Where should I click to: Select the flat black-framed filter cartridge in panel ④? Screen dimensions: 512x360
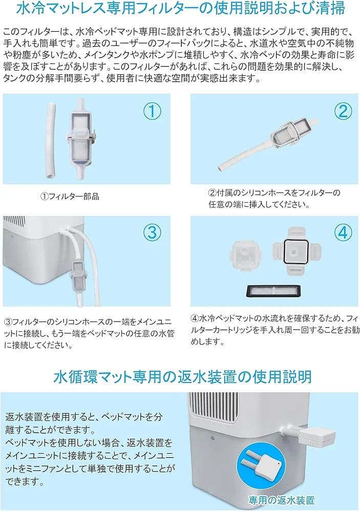point(271,289)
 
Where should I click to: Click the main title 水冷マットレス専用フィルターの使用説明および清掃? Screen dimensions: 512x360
point(180,9)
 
